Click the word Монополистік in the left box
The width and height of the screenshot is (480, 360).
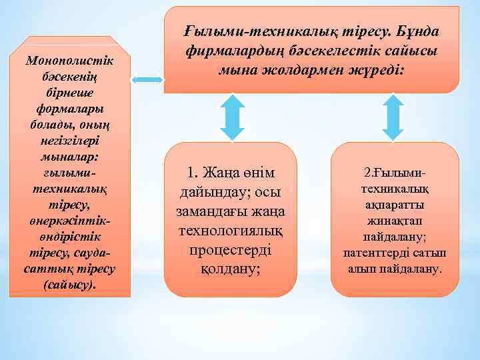70,61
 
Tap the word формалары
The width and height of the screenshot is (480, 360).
70,109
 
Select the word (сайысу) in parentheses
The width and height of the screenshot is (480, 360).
70,285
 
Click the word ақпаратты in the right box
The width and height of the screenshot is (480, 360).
395,205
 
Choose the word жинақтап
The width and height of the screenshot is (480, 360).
395,221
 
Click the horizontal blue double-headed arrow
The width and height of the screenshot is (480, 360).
147,80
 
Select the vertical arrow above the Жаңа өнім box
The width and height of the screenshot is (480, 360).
231,117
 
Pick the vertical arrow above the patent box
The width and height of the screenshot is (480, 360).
396,117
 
